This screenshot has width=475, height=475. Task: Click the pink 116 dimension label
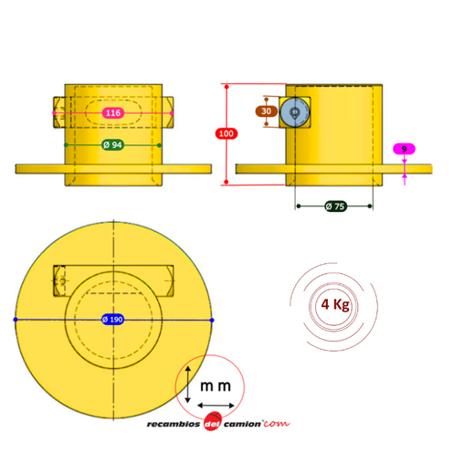click(113, 113)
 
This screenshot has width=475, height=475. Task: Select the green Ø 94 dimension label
click(112, 145)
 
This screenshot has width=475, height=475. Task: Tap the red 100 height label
click(227, 133)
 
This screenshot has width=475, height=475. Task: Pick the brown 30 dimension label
click(266, 111)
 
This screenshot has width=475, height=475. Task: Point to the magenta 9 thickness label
click(404, 149)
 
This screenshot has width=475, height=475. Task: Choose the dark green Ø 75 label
click(335, 206)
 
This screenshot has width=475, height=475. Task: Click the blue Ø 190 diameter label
click(112, 320)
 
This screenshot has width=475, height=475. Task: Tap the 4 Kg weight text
click(335, 304)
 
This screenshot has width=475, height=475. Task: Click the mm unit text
click(216, 386)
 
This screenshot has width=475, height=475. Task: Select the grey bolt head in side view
click(294, 112)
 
